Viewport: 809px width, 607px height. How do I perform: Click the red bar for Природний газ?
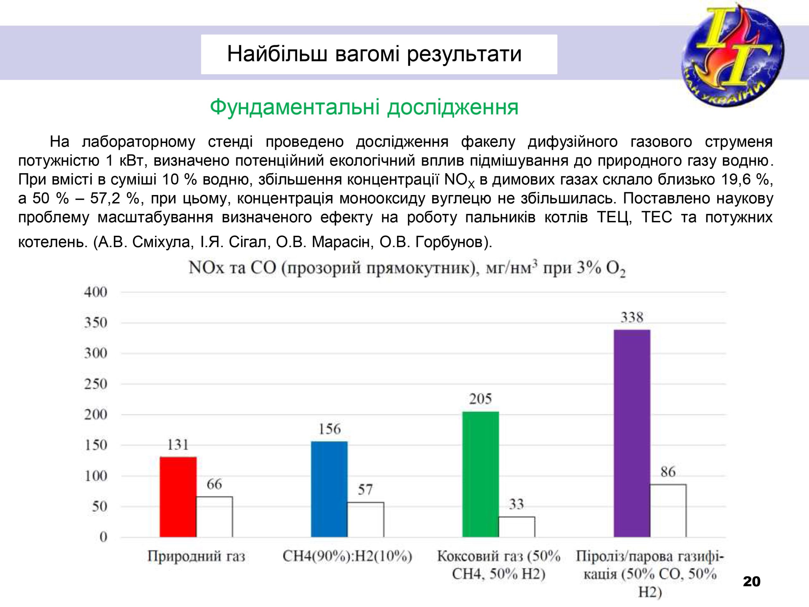click(x=178, y=497)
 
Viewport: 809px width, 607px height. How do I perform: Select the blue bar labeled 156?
click(x=329, y=489)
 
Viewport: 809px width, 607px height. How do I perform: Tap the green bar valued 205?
click(x=481, y=474)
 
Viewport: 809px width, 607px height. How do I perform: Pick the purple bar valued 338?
click(x=632, y=433)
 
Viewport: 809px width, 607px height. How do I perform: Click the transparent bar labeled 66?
click(x=214, y=517)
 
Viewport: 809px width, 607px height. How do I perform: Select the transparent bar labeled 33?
click(x=517, y=527)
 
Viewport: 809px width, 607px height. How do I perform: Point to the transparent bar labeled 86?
click(x=668, y=511)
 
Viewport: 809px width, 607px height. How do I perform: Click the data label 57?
click(x=365, y=489)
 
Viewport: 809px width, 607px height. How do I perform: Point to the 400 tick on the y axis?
click(x=96, y=292)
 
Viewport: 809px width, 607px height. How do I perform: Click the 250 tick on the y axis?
click(x=96, y=384)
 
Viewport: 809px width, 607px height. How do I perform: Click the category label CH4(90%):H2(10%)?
click(x=347, y=556)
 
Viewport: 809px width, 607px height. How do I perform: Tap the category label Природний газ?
click(x=196, y=556)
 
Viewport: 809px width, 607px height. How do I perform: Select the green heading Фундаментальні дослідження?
click(x=364, y=107)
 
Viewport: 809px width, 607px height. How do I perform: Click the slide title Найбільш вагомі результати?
click(x=374, y=54)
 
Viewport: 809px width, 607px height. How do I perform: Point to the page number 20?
click(x=751, y=581)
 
